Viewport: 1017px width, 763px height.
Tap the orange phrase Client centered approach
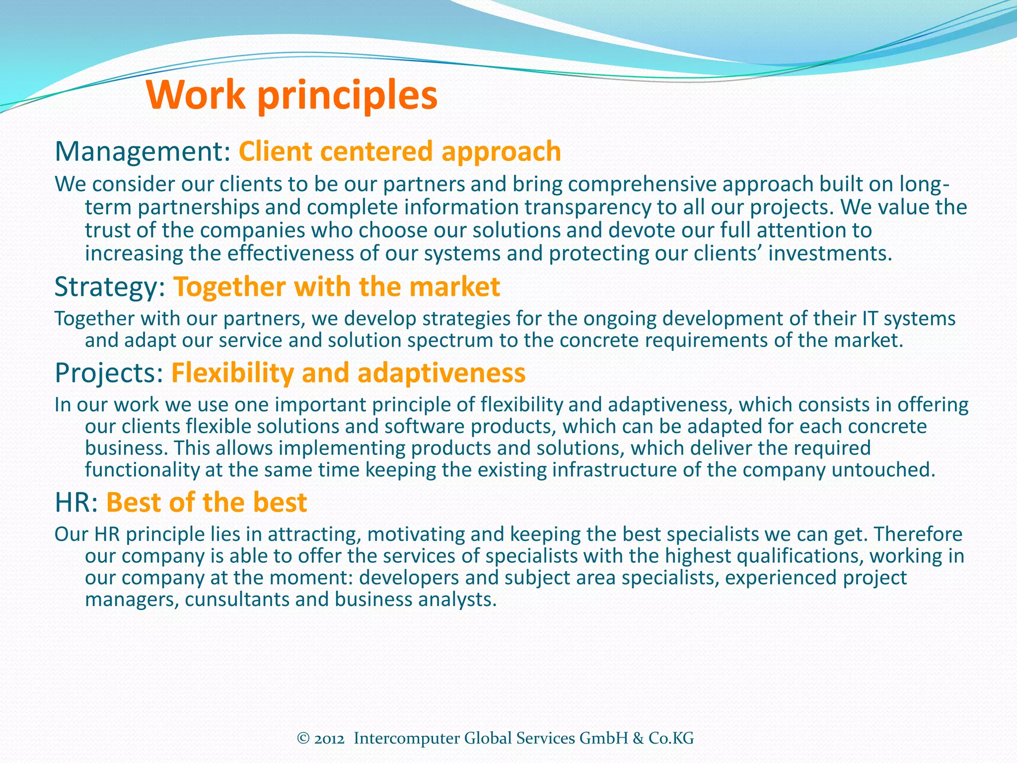coord(400,152)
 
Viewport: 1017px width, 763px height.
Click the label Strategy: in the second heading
coord(110,287)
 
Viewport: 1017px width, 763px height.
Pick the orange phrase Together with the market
coord(337,287)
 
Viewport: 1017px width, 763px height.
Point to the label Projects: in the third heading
coord(109,373)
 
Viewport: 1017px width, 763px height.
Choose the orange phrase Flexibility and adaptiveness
coord(348,373)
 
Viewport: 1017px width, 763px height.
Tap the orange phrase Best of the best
coord(207,502)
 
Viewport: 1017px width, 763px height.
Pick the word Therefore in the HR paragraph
coord(918,534)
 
